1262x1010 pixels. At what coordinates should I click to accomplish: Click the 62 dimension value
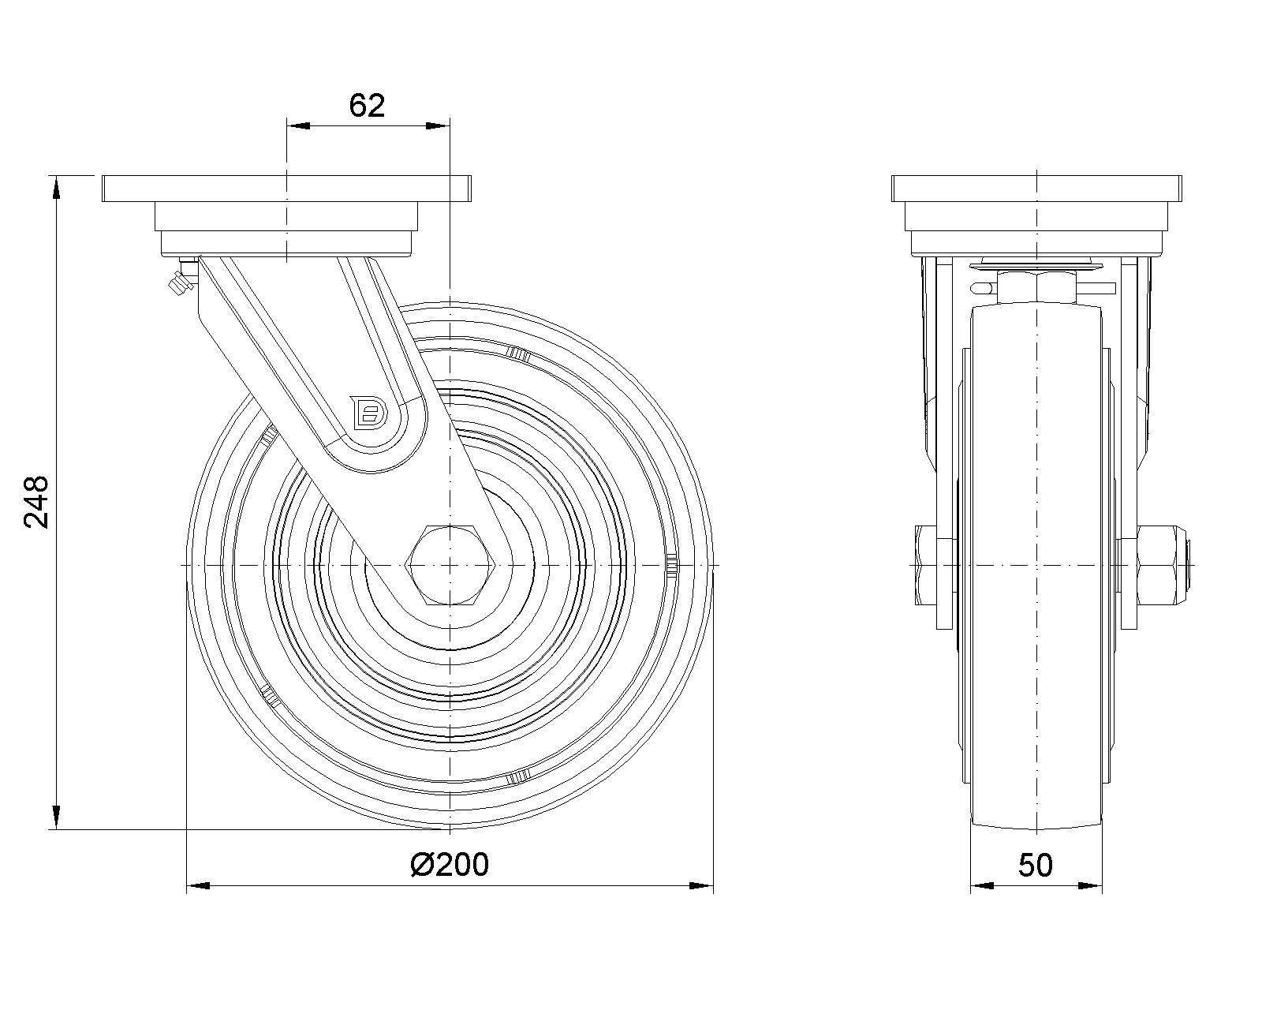point(367,106)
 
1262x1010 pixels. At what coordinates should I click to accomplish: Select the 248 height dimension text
point(36,503)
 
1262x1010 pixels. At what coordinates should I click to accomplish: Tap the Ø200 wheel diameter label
point(450,865)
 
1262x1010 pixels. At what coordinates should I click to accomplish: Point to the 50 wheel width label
point(1036,865)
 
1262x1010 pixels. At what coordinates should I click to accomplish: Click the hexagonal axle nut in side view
point(450,565)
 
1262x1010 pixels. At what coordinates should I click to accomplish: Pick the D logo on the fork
point(369,413)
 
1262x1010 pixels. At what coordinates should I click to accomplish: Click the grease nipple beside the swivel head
point(181,281)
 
